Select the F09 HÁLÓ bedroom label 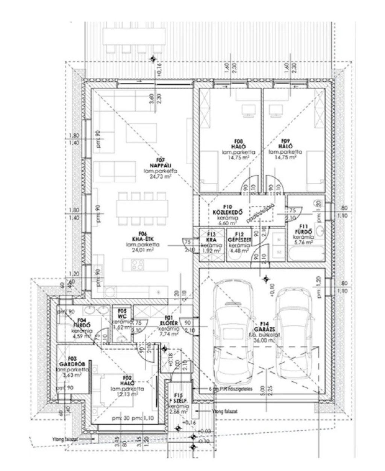(x=285, y=145)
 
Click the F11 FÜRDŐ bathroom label (x=303, y=232)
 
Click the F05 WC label (x=122, y=314)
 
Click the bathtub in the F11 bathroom (x=305, y=255)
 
